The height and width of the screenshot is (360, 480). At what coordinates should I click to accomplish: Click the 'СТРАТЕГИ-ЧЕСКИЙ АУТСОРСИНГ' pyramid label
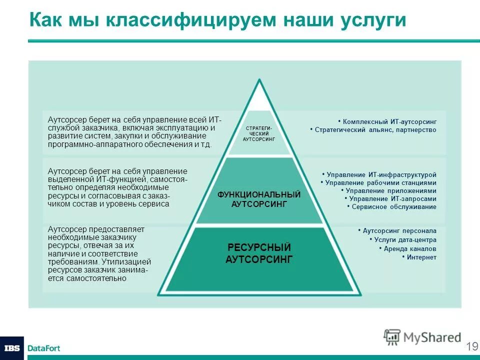coord(259,134)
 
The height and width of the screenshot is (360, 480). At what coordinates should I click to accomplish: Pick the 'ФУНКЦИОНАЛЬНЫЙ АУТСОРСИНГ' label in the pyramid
coord(259,199)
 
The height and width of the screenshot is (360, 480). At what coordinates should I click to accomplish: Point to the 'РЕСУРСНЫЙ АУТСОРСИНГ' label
coord(259,253)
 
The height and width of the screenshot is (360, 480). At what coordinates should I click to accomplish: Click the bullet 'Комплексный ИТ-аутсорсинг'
coord(387,121)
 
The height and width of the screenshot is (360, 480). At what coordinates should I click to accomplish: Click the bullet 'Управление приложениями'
coord(388,191)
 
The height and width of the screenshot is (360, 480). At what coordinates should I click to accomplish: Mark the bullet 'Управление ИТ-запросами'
coord(390,199)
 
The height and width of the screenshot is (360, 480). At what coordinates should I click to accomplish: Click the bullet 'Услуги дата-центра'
coord(403,240)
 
